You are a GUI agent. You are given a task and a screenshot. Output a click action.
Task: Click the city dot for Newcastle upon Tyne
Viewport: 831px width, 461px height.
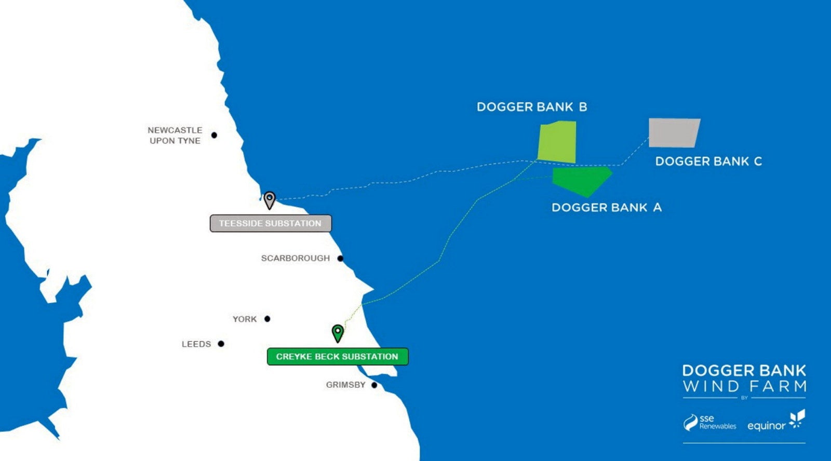214,135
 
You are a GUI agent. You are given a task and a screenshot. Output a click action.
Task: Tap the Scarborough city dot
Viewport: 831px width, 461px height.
340,258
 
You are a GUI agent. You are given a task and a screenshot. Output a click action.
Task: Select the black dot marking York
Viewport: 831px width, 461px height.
267,319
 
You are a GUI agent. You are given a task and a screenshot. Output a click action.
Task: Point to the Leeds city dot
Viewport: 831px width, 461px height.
221,344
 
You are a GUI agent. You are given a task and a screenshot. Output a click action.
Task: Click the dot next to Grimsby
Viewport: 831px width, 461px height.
374,385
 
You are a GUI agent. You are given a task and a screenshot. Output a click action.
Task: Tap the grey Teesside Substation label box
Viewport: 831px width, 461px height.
270,223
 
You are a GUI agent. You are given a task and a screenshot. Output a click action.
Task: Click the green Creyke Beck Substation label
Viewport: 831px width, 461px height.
337,357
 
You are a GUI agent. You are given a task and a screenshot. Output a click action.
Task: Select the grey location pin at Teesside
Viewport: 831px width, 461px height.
269,200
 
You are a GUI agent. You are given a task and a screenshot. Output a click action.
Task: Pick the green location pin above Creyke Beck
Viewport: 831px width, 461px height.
338,333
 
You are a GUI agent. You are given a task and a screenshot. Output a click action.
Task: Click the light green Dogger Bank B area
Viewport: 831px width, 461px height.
557,141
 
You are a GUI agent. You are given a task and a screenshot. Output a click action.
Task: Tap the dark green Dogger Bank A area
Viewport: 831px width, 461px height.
581,179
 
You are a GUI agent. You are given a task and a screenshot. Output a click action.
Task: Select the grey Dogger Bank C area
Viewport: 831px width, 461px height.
674,132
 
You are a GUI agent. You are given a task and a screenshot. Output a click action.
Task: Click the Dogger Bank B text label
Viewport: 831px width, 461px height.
532,107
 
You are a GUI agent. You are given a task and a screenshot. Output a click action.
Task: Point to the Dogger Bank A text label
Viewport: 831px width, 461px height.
606,208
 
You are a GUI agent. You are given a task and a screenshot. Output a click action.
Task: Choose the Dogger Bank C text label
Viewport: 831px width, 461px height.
708,161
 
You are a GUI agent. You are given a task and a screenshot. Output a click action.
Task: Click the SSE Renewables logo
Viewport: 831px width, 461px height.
709,422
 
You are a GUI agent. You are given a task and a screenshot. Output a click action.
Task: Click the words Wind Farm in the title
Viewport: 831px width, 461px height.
744,386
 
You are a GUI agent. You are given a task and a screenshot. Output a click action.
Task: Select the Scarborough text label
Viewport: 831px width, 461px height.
295,258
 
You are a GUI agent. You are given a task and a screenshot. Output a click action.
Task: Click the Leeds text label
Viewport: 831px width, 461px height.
196,344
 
